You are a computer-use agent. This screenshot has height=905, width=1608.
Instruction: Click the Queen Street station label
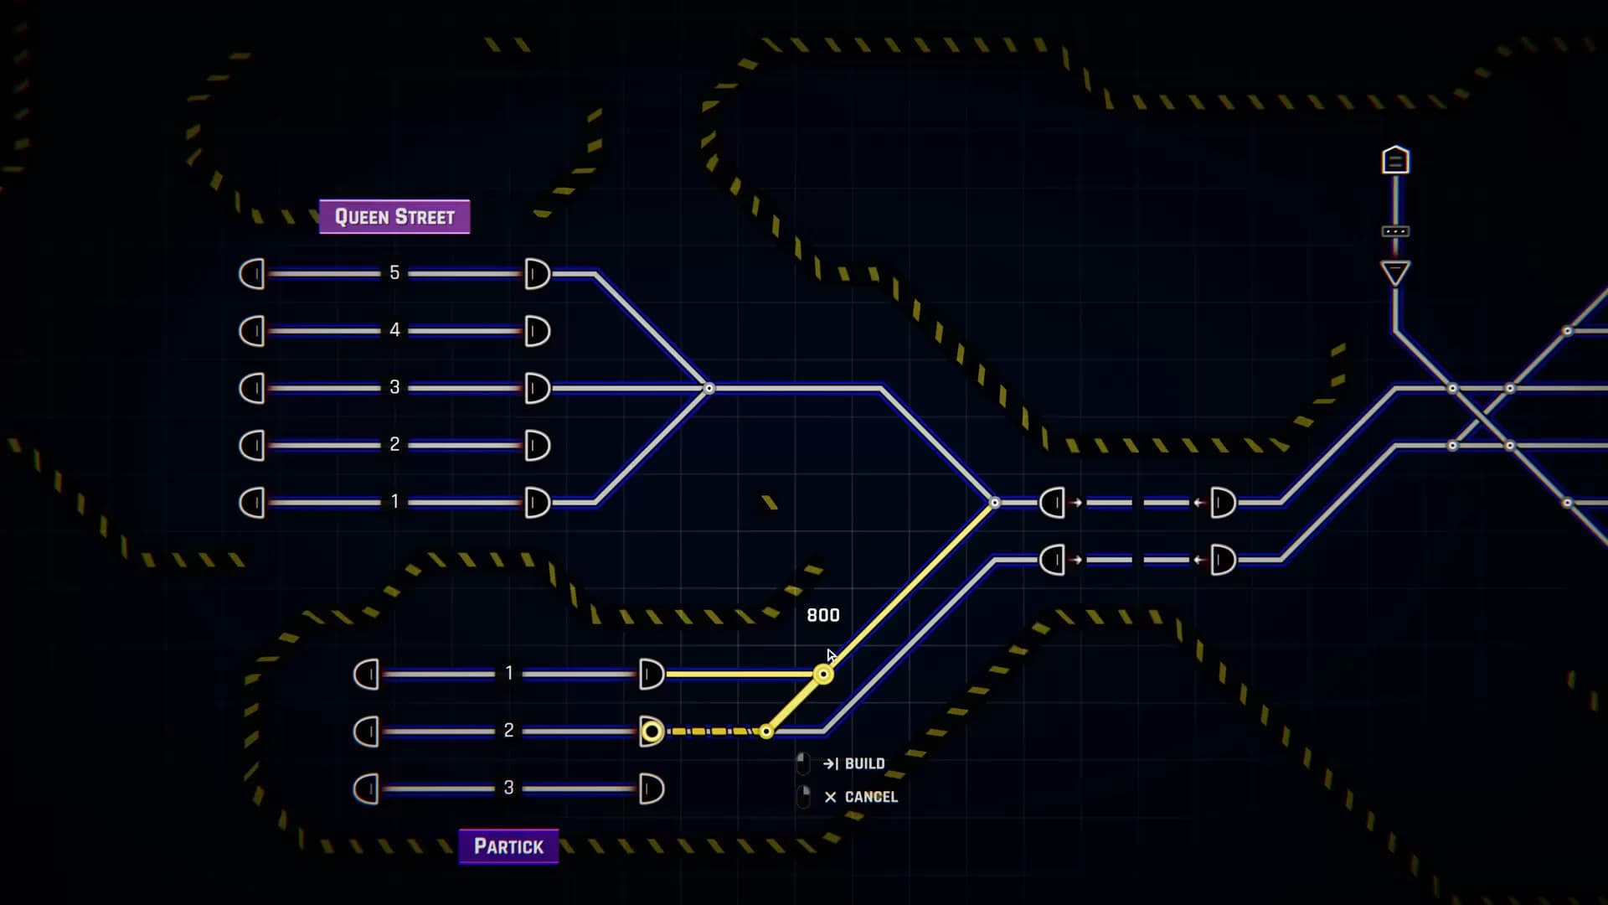coord(394,217)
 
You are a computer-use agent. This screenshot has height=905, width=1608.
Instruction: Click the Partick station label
coord(508,846)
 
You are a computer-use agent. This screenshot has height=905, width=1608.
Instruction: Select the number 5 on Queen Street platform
coord(394,273)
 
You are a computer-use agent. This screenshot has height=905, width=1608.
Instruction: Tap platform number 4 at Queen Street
coord(394,330)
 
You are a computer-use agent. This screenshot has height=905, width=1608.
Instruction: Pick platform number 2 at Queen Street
coord(394,444)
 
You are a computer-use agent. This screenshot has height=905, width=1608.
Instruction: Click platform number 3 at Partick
coord(508,788)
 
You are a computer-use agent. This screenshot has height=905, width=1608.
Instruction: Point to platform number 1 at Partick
coord(508,673)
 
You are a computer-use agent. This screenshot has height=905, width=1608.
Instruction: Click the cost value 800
coord(823,615)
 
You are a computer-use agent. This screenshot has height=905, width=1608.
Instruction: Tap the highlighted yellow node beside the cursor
coord(823,675)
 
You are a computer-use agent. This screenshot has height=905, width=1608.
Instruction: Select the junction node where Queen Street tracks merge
coord(709,388)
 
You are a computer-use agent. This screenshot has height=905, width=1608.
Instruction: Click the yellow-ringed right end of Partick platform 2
coord(652,732)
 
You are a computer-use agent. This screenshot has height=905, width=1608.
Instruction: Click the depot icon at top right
coord(1395,160)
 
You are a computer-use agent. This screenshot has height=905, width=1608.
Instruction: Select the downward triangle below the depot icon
coord(1395,273)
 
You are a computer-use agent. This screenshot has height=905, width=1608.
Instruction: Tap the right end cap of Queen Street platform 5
coord(537,274)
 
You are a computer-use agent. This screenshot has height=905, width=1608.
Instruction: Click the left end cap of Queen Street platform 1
coord(252,503)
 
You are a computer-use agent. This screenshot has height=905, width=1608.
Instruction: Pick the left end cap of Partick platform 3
coord(367,789)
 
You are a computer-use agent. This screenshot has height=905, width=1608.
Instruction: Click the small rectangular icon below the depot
coord(1395,231)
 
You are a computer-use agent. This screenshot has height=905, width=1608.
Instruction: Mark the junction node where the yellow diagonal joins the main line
coord(995,503)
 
